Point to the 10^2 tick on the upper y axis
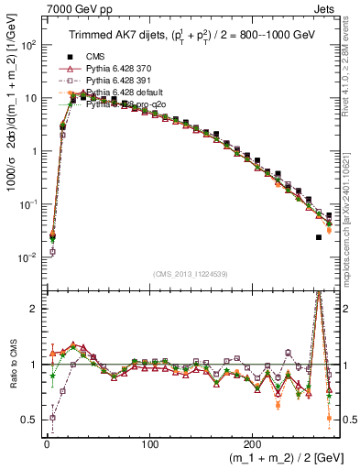pyautogui.click(x=26, y=44)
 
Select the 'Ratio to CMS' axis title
pyautogui.click(x=10, y=365)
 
